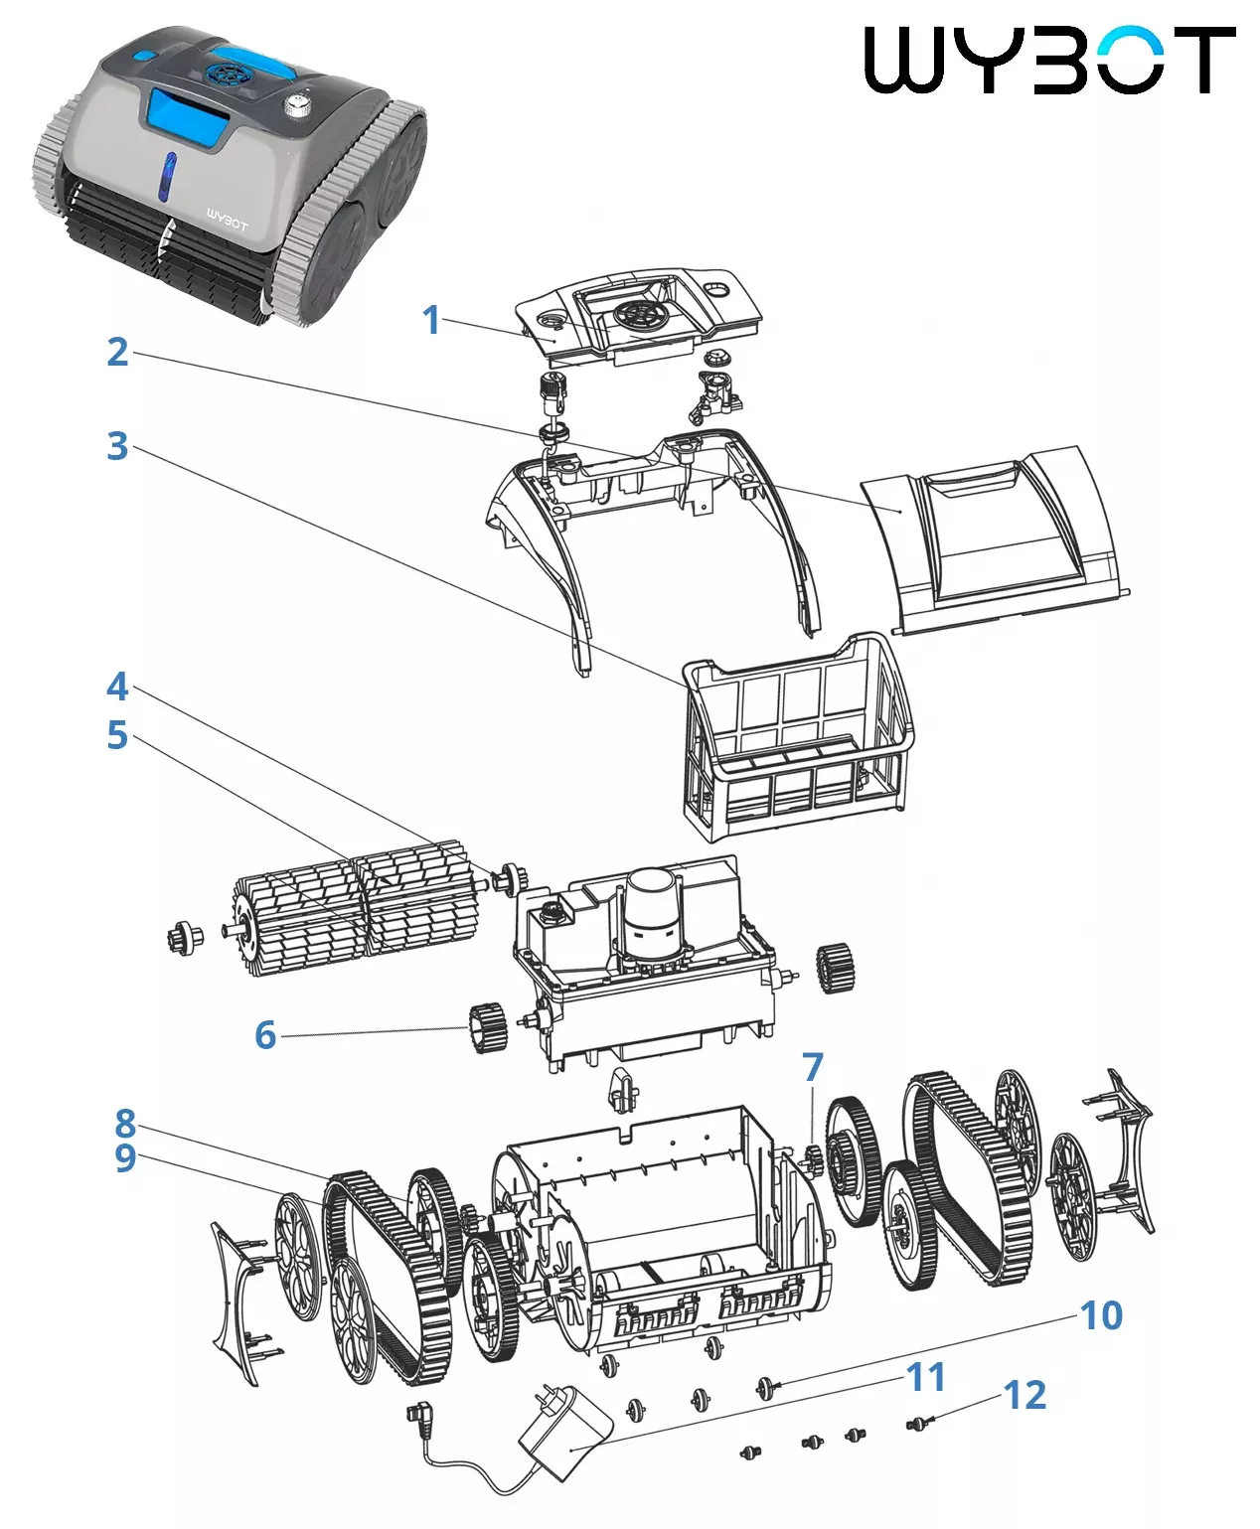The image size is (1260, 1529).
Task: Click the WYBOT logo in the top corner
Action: pos(1049,61)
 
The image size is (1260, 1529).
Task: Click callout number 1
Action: pos(430,320)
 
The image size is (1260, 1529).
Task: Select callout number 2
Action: pos(117,352)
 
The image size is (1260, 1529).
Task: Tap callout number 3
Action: pos(117,446)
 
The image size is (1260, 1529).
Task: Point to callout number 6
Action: pos(265,1034)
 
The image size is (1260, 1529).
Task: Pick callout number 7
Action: pos(813,1067)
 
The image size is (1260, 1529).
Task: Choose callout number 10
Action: pos(1101,1315)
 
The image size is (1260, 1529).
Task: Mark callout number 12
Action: pos(1024,1396)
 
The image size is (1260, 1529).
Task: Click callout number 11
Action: pos(926,1377)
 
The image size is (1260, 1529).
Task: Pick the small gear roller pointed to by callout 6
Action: pos(488,1027)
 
